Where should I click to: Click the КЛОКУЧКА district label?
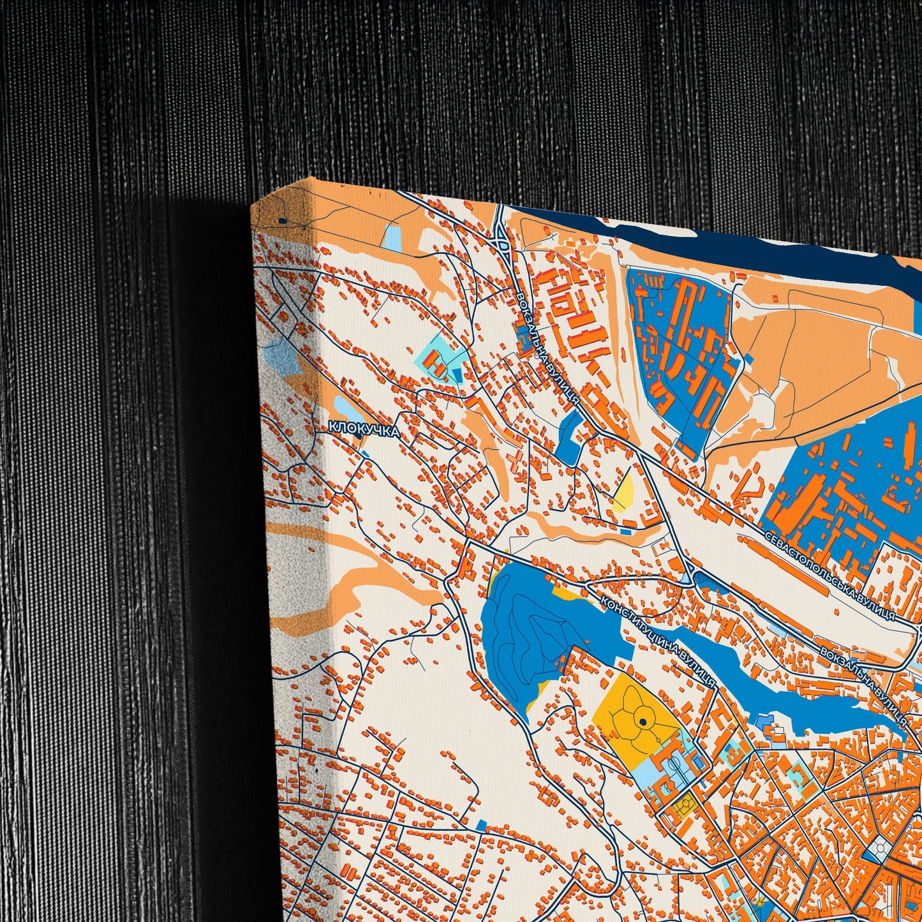tap(364, 429)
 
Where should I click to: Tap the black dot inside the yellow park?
tap(643, 722)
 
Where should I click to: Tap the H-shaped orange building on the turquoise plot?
tap(438, 364)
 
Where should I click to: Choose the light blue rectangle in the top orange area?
tap(392, 237)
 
